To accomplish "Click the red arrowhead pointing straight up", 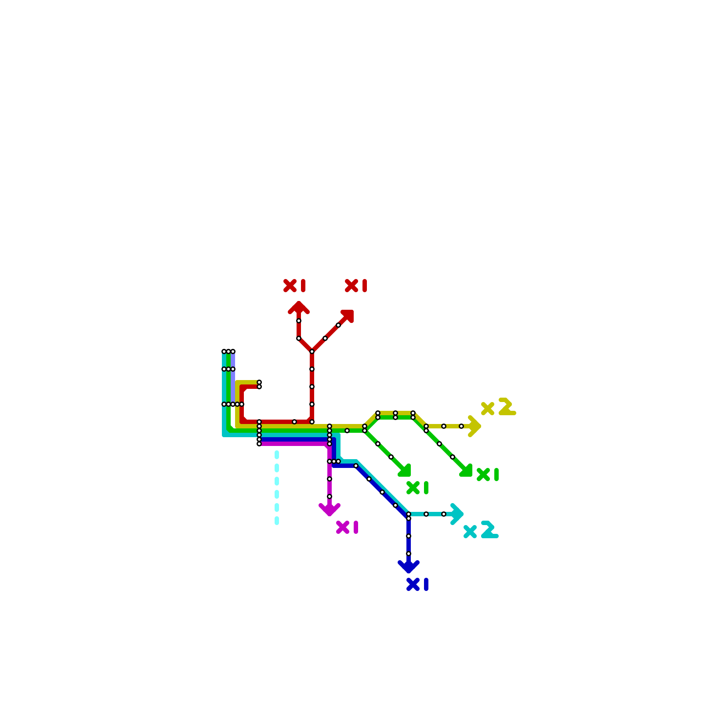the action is coord(299,308).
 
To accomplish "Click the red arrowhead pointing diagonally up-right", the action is coord(348,315).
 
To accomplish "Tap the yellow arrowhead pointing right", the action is coord(474,426).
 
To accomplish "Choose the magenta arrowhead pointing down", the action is coord(330,509).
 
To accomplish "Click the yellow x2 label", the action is coord(498,407).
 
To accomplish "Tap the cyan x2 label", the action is coord(481,530).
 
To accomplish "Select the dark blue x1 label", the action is coord(417,584).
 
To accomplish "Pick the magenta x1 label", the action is coord(347,527).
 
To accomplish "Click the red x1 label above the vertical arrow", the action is coord(294,286).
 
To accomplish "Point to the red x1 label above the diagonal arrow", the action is coord(356,286).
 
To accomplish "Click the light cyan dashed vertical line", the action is coord(277,488).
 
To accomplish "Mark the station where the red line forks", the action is coord(312,351).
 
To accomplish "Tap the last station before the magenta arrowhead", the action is coord(330,496).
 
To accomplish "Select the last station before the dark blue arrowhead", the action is coord(409,554).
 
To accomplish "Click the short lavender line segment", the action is coord(233,378).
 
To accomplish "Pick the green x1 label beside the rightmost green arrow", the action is coord(488,475).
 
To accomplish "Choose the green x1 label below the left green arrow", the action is coord(417,488).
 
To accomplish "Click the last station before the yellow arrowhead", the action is coord(461,426).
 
